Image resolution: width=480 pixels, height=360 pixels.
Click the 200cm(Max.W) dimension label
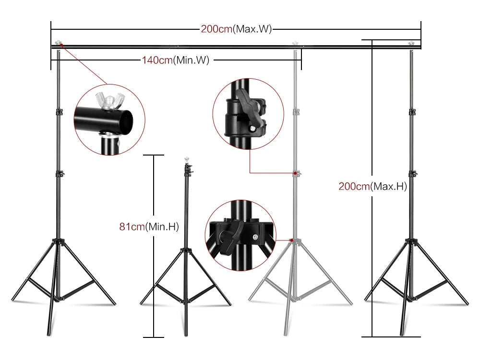tap(236, 29)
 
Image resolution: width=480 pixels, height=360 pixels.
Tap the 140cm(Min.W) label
tap(175, 60)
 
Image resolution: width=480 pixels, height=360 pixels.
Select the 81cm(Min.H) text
tap(149, 227)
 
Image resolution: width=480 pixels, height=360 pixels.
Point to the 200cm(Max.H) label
tap(372, 187)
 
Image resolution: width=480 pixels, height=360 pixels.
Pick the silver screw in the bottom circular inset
tap(254, 236)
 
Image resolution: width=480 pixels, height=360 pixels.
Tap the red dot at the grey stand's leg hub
tap(291, 239)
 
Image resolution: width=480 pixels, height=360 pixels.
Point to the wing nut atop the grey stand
tap(295, 44)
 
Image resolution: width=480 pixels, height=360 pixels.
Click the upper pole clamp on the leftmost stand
tap(59, 112)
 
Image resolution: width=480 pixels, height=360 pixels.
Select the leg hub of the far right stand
tap(411, 240)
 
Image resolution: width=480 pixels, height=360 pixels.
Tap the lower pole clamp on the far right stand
tap(411, 173)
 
